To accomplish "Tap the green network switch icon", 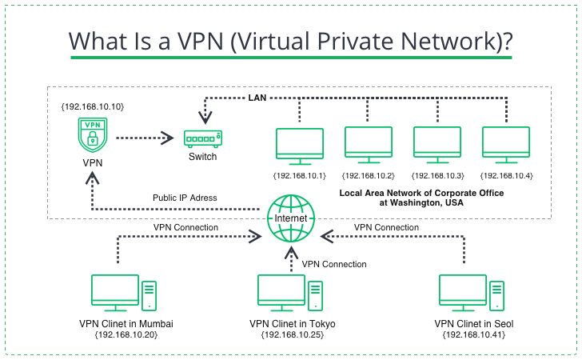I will [x=202, y=138].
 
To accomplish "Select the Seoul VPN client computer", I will [x=472, y=294].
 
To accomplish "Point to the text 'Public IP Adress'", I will [x=185, y=198].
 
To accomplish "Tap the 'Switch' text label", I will [x=202, y=157].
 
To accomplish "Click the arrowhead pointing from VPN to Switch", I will [x=169, y=138].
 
